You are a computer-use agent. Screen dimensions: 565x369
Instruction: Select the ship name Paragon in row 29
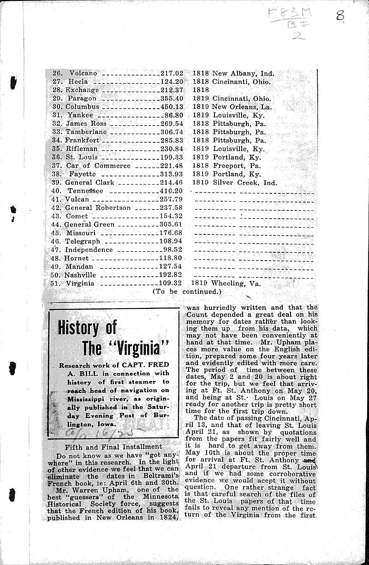pyautogui.click(x=82, y=99)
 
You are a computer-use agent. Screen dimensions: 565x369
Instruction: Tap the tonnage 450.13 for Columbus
pyautogui.click(x=173, y=107)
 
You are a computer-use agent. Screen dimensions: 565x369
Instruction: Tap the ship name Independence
pyautogui.click(x=89, y=250)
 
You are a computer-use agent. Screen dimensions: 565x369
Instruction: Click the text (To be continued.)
pyautogui.click(x=187, y=291)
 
